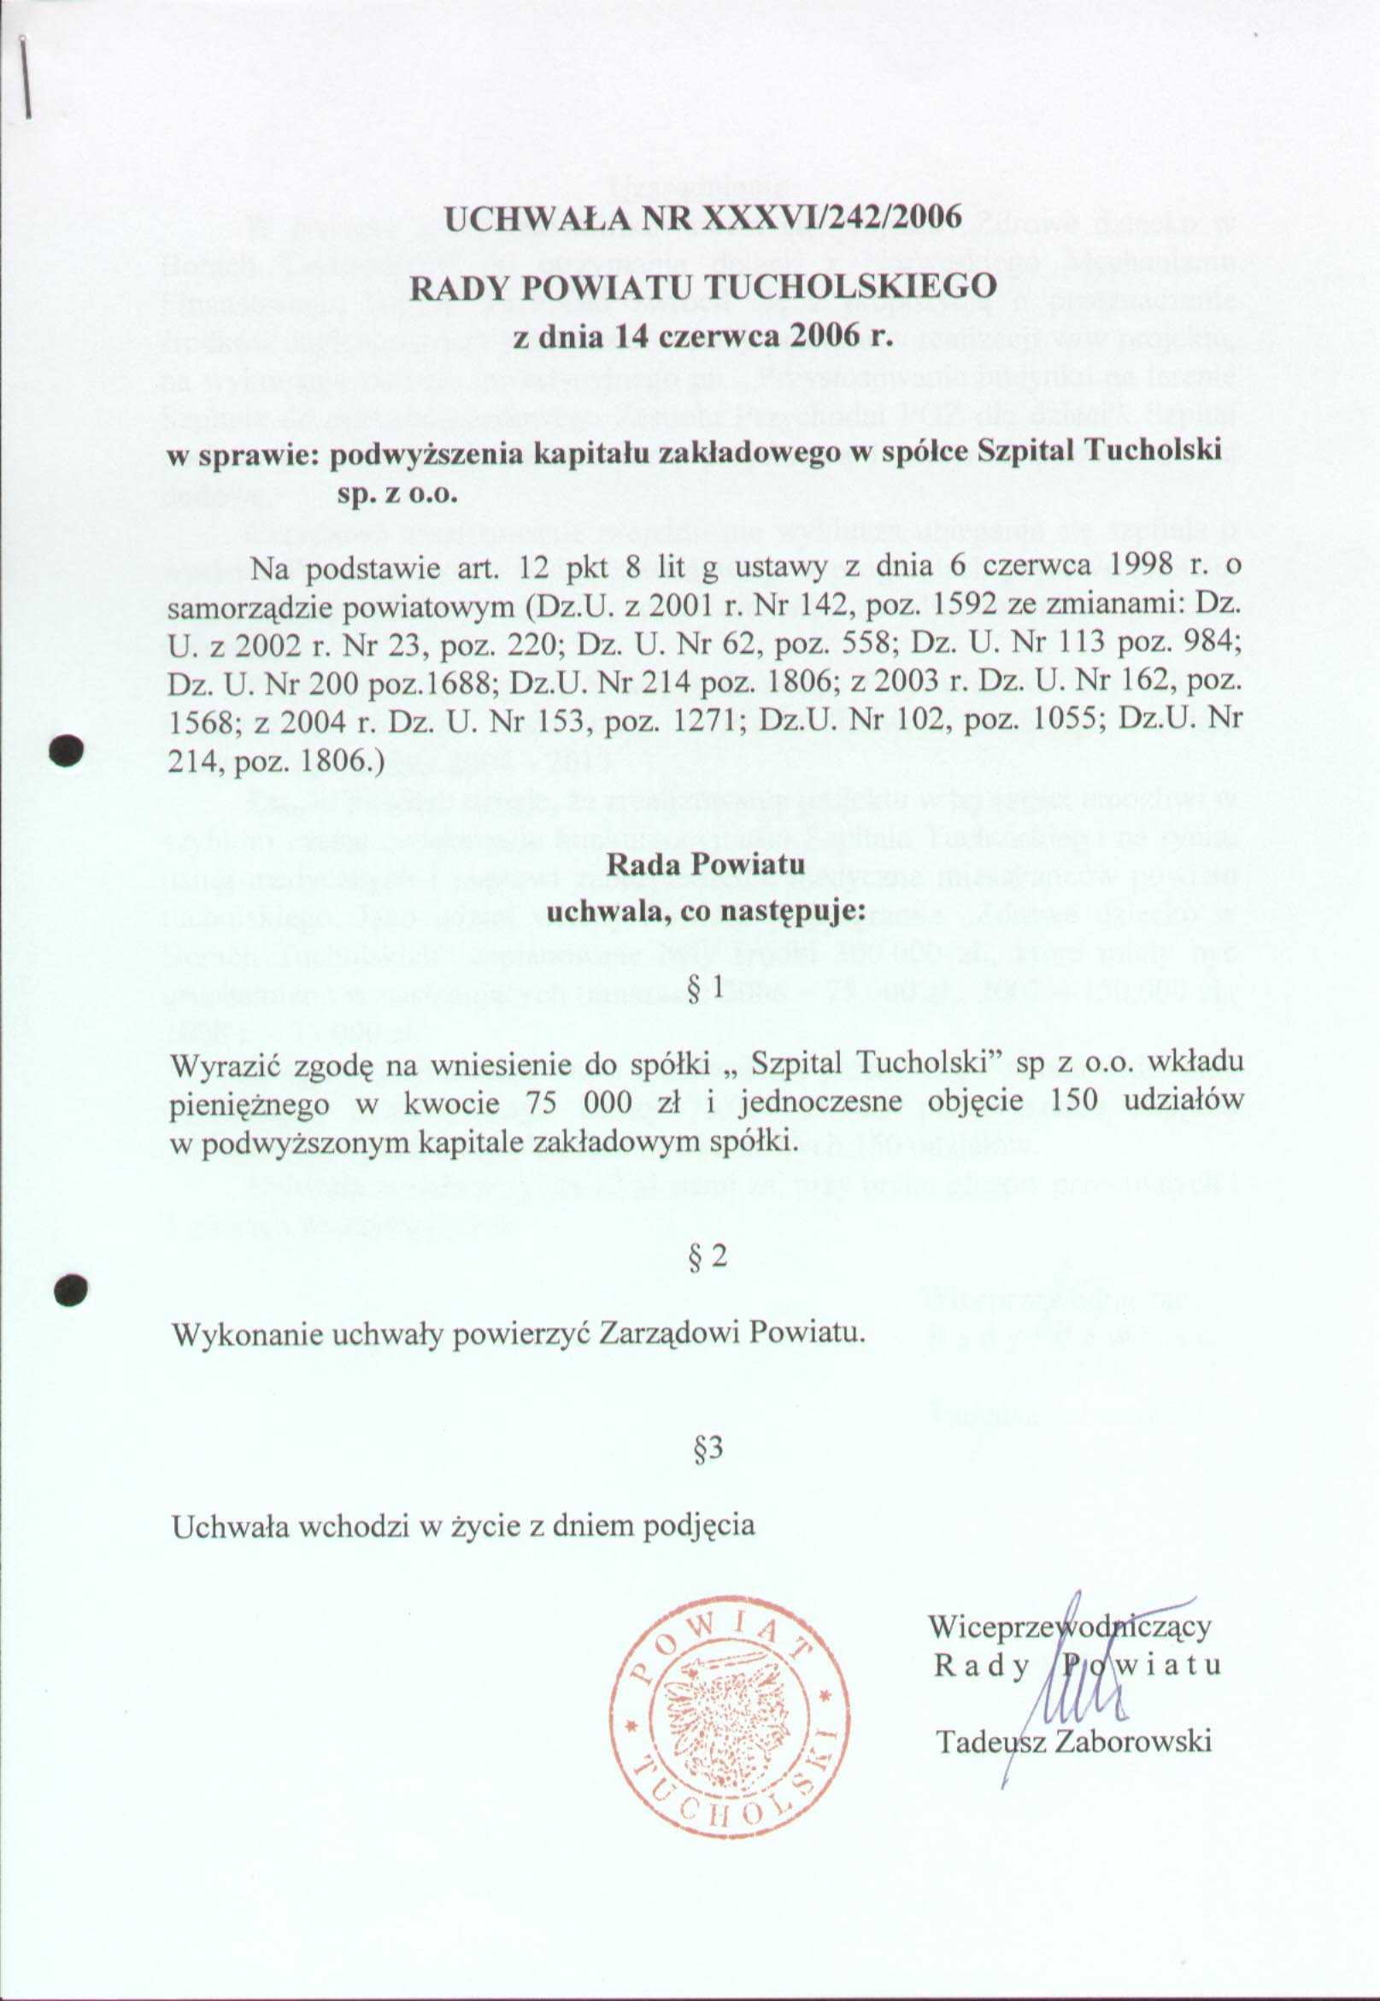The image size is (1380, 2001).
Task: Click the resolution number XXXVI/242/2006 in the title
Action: point(832,217)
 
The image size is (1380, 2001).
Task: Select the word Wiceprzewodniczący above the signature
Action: point(1069,1626)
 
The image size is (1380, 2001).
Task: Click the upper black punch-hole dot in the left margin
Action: point(65,750)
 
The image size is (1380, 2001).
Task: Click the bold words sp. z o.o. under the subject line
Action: point(394,494)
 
